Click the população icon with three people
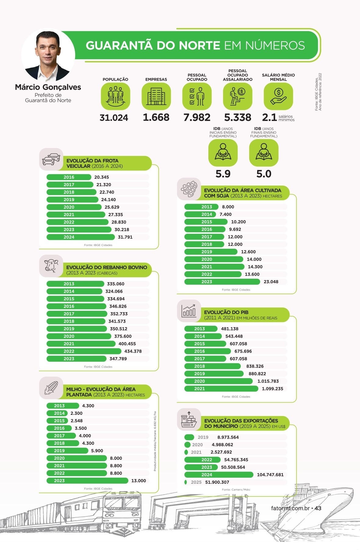click(115, 96)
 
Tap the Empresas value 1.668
click(156, 118)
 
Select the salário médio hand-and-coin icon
click(278, 96)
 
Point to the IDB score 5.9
click(223, 174)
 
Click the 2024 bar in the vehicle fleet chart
click(81, 237)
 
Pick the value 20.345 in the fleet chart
click(102, 177)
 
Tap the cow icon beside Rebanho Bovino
click(51, 266)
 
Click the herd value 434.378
click(133, 351)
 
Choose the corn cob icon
click(51, 388)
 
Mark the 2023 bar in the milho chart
click(87, 481)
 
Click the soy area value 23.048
click(271, 282)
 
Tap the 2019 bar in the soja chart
click(211, 252)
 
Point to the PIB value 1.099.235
click(272, 389)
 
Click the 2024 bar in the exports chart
click(218, 475)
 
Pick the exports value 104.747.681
click(270, 475)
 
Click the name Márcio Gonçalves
click(48, 87)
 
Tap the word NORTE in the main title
click(199, 45)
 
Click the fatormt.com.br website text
click(290, 508)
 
